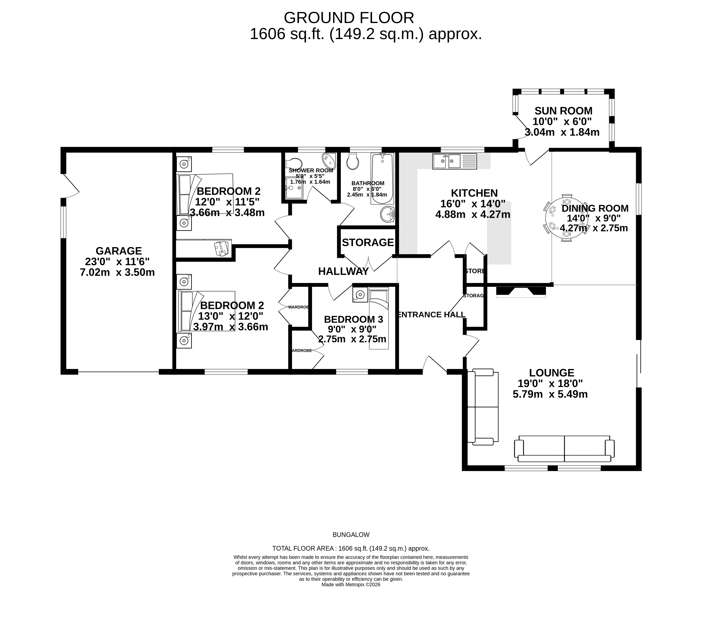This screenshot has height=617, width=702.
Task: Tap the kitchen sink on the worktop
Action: pos(454,161)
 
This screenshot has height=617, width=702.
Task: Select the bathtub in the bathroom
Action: pos(382,179)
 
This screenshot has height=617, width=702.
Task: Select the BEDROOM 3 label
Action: pos(353,319)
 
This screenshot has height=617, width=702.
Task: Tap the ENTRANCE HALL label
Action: pos(431,315)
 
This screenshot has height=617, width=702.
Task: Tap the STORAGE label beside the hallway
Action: pos(367,243)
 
